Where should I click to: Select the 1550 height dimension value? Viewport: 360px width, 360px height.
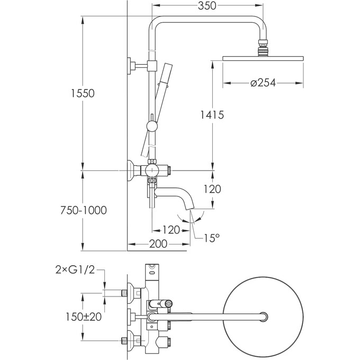tap(83, 93)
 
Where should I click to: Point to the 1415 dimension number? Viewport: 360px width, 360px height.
tap(212, 115)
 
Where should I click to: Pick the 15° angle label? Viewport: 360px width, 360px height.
tap(210, 239)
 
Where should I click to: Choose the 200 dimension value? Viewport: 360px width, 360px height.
tap(158, 244)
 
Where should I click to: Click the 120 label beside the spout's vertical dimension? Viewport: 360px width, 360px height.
tap(212, 189)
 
